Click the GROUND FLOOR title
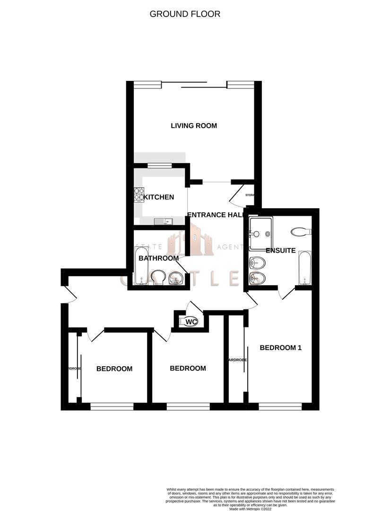185,14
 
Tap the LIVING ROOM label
194,126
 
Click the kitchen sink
164,220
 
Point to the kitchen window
159,165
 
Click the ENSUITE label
281,250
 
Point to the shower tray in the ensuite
261,233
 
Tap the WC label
191,322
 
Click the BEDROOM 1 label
281,348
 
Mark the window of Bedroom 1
280,406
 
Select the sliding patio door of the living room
195,85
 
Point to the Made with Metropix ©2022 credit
250,508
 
